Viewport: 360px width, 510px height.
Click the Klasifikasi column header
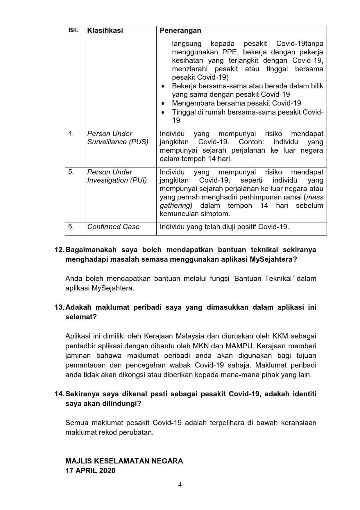tap(105, 31)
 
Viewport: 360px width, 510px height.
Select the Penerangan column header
tap(180, 31)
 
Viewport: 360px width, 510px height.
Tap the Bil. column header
tap(74, 30)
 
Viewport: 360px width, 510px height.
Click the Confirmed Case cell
tap(113, 227)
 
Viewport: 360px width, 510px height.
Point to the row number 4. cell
tap(71, 133)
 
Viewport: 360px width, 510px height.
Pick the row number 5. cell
tap(71, 172)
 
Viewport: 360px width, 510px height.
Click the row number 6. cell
tap(71, 227)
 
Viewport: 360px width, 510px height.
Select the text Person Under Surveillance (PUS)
tap(118, 138)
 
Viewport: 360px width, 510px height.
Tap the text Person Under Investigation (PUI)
tap(117, 176)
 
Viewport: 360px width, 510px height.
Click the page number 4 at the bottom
tap(180, 485)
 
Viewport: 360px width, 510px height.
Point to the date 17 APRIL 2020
tap(90, 471)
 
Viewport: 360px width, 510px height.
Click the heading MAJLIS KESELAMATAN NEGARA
tap(124, 461)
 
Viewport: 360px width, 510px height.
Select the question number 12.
tap(59, 250)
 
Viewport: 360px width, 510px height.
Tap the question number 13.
tap(59, 307)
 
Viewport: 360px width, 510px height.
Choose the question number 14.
tap(59, 394)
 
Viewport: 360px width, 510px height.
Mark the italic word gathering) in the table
tap(176, 206)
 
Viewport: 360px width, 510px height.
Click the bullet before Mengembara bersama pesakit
tap(164, 104)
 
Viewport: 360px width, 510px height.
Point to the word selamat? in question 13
tap(81, 317)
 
